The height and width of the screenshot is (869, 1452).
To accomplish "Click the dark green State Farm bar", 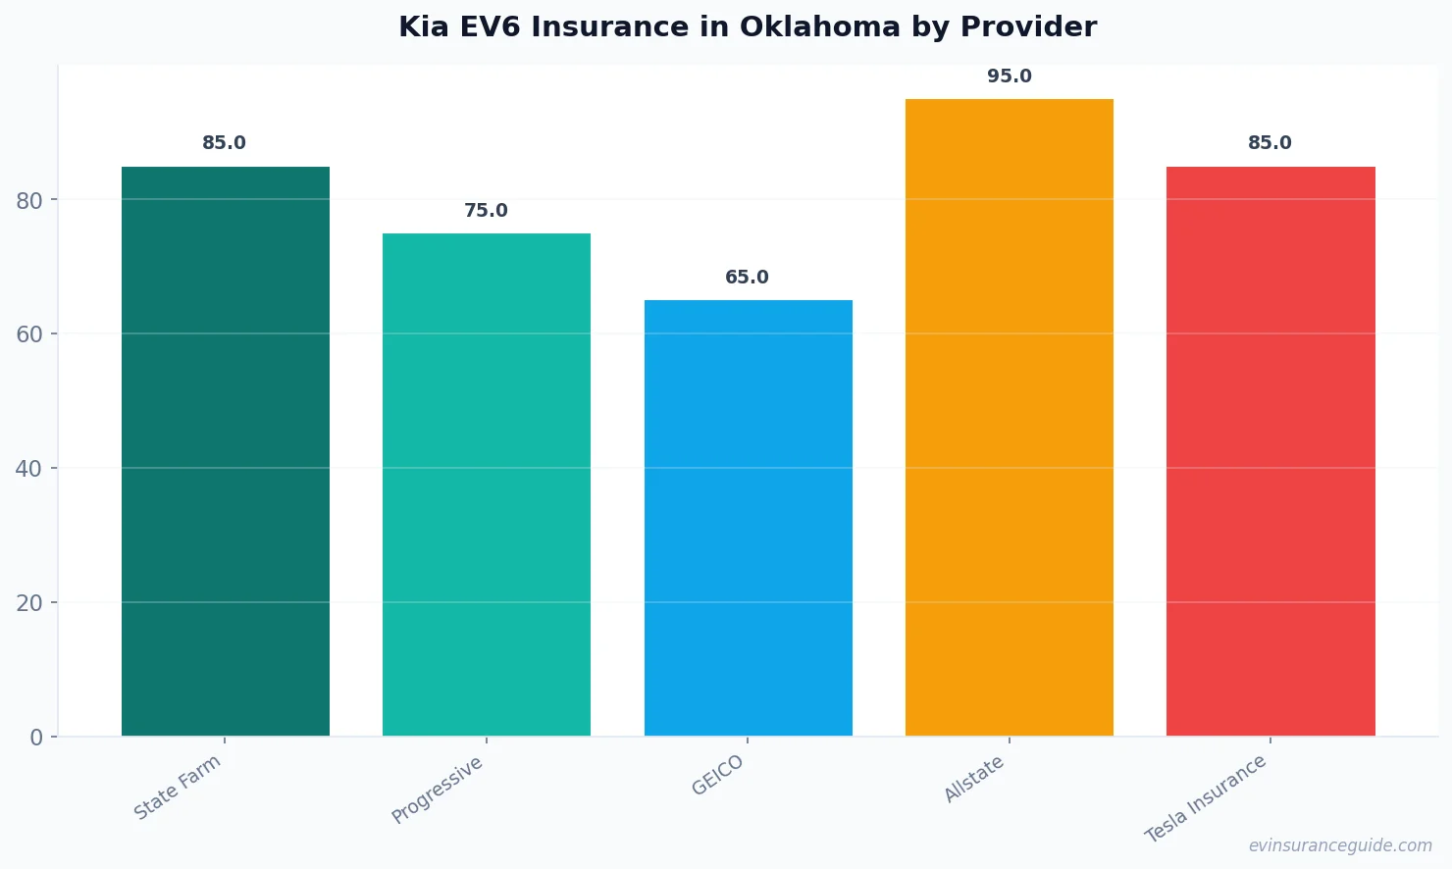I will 226,451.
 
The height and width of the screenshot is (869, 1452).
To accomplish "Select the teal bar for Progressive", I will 487,485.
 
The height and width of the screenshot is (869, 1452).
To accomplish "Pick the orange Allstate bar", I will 1009,417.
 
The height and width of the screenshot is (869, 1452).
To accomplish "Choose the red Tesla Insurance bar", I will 1270,451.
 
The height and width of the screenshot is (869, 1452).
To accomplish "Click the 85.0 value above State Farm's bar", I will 224,143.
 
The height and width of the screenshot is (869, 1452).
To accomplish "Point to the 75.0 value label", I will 486,211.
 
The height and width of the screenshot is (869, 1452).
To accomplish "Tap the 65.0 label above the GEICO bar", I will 747,278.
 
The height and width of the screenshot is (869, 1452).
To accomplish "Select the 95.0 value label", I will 1009,77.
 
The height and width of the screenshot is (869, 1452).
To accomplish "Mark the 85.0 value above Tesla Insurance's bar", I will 1270,143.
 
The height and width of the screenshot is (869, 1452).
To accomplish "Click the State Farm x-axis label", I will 178,788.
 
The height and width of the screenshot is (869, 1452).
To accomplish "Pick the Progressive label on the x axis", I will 438,790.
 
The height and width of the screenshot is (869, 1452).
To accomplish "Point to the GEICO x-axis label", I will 718,775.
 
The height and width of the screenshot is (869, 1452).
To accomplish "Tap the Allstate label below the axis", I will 974,779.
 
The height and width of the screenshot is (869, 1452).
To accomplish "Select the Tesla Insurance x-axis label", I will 1206,798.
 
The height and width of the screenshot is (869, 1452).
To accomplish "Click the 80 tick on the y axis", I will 29,200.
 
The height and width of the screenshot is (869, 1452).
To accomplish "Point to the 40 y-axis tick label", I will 29,469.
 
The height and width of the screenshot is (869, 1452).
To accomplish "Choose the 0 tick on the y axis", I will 36,738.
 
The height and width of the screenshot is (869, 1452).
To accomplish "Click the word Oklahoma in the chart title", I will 819,26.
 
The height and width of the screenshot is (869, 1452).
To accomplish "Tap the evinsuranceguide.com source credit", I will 1340,845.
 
